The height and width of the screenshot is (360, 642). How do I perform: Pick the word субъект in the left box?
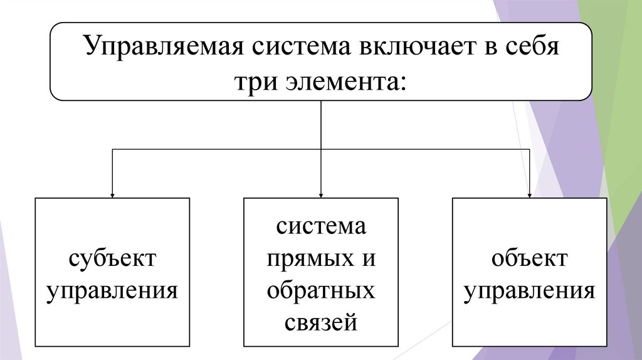[112, 258]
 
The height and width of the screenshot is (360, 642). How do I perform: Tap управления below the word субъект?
[112, 291]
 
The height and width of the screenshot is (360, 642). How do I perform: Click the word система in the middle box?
[320, 226]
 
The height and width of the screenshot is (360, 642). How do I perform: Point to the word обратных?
[320, 291]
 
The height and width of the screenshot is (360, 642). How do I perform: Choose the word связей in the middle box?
[320, 324]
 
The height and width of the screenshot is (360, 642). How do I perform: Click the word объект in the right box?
[530, 258]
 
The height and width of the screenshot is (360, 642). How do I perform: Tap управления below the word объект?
[530, 291]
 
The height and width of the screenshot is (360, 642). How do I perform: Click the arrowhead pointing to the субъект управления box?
[112, 194]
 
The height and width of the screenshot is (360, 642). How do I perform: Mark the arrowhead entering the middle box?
[321, 194]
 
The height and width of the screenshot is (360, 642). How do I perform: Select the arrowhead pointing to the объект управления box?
[530, 194]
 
